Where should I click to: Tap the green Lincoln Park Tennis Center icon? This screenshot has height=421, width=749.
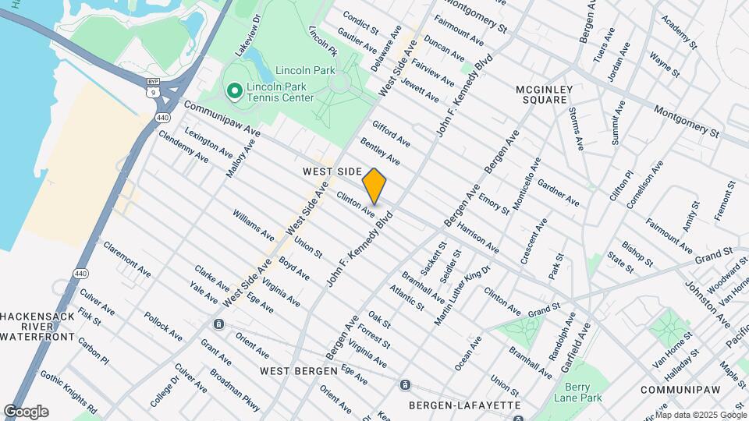(x=233, y=92)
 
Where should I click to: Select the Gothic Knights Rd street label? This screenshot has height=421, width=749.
(x=69, y=392)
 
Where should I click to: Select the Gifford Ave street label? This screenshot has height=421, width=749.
(x=391, y=133)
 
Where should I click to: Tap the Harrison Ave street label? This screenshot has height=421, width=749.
(x=477, y=239)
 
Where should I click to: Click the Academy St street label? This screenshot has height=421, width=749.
(x=676, y=29)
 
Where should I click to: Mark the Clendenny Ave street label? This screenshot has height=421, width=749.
(x=183, y=146)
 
